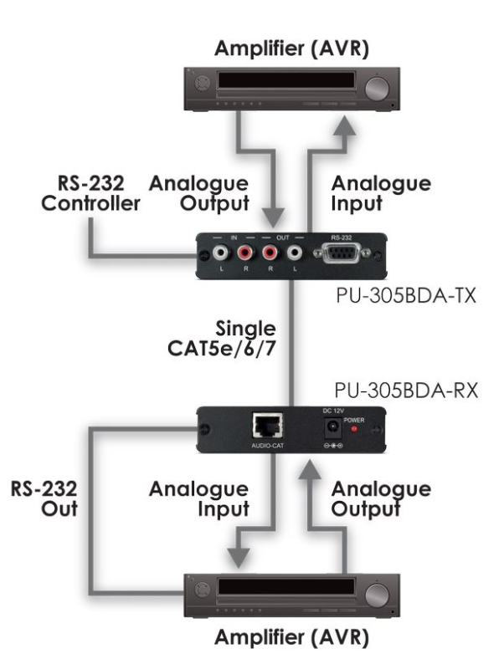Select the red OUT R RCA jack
(270, 252)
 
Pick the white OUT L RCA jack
(296, 252)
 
